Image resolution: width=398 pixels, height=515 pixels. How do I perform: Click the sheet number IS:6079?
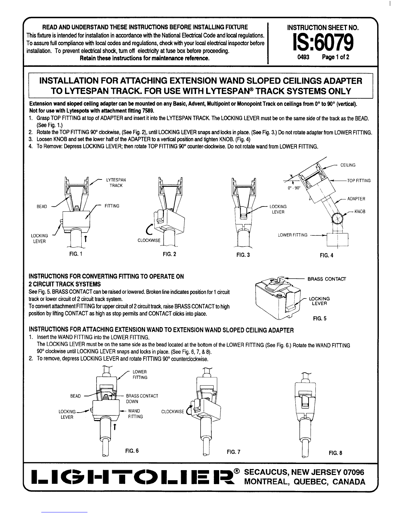(323, 43)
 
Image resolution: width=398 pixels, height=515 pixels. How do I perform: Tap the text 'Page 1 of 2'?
(336, 57)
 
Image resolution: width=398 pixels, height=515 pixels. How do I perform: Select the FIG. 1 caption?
(76, 254)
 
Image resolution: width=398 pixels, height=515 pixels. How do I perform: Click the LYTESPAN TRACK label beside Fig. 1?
(116, 183)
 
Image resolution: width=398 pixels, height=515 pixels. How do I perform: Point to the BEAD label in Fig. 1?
(42, 206)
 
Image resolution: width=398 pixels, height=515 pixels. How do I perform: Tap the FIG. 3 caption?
(243, 255)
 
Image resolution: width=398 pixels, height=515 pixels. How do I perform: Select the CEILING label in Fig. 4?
(348, 165)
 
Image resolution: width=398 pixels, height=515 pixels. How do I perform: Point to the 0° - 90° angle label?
(294, 188)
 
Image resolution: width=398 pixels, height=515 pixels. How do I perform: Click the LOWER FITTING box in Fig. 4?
(338, 240)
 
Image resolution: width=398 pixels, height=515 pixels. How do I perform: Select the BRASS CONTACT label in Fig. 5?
(327, 279)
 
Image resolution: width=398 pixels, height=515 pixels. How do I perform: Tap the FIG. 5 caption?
(320, 319)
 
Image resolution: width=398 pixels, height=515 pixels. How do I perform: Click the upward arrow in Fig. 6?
(115, 427)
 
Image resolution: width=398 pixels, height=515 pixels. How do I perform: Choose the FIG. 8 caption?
(336, 453)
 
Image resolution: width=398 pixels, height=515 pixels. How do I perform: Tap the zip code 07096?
(353, 472)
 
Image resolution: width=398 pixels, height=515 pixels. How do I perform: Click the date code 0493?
(303, 57)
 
